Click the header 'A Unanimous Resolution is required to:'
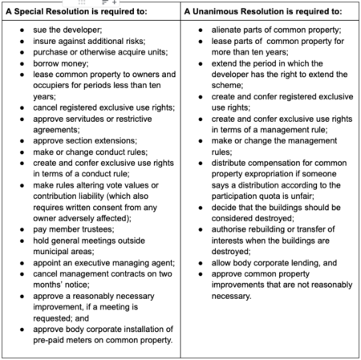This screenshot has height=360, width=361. pyautogui.click(x=262, y=14)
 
